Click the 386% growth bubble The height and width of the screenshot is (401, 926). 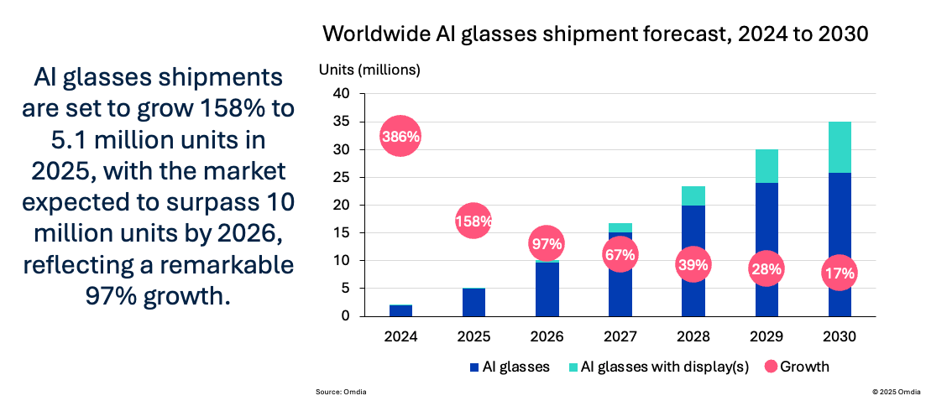(x=400, y=136)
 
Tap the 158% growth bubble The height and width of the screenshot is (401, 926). (x=473, y=221)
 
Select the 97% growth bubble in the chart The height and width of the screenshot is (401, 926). (x=547, y=244)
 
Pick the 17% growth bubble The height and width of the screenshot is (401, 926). (x=840, y=273)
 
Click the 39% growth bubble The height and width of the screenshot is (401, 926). (x=693, y=265)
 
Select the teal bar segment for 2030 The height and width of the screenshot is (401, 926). (x=840, y=147)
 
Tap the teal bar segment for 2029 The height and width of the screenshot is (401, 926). (x=766, y=166)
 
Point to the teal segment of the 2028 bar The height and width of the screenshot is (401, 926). (x=693, y=195)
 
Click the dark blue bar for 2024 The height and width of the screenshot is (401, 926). (x=400, y=310)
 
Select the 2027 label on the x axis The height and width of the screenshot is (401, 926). (x=620, y=336)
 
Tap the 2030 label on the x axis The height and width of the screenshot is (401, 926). (x=840, y=336)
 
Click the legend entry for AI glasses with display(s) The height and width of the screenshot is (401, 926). (x=653, y=367)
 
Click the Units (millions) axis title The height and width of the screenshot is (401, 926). (x=369, y=70)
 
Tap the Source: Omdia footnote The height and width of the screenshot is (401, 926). (x=341, y=392)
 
